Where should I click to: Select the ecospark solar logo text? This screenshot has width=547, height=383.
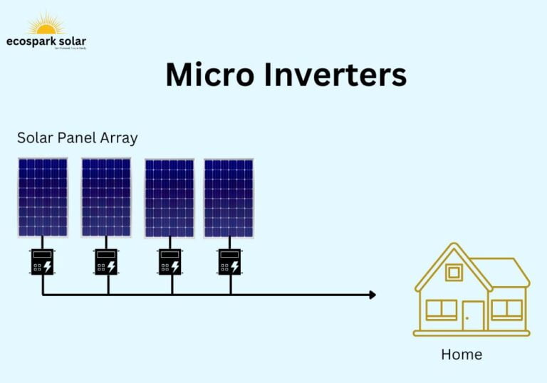tap(46, 42)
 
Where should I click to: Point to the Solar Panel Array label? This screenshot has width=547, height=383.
tap(78, 137)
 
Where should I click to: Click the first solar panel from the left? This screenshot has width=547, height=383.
tap(43, 197)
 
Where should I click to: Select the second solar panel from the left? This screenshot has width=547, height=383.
tap(106, 197)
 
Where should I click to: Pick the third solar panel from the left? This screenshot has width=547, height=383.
tap(170, 198)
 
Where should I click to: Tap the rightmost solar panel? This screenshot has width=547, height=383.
tap(229, 198)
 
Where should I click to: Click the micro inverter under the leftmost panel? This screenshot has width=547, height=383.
tap(42, 261)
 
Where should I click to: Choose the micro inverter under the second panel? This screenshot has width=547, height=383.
tap(106, 261)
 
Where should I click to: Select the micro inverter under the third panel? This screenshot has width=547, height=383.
tap(170, 261)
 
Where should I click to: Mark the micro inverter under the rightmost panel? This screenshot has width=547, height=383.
tap(229, 261)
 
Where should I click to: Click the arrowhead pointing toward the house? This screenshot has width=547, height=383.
tap(371, 295)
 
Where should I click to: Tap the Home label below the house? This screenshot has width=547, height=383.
tap(462, 354)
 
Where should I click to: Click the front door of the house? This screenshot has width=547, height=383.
tap(473, 315)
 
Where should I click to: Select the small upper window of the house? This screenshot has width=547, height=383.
tap(453, 273)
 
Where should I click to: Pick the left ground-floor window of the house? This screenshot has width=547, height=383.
tap(441, 309)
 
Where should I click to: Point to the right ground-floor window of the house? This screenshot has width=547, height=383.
tap(506, 309)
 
